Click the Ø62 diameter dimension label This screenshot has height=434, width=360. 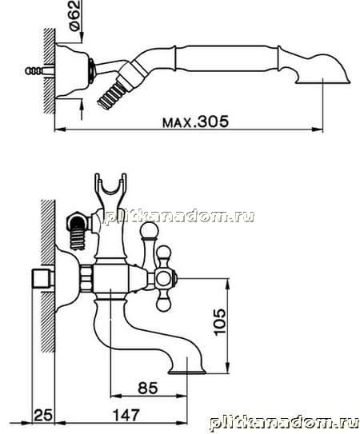click(75, 16)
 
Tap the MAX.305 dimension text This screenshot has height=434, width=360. click(196, 121)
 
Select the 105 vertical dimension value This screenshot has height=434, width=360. click(220, 322)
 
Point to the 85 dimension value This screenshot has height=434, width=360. click(148, 388)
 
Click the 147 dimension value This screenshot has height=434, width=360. click(126, 415)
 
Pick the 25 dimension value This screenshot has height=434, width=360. click(43, 416)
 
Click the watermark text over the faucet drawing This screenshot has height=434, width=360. click(179, 217)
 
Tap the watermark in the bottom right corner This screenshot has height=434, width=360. click(284, 423)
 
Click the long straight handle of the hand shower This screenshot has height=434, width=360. click(227, 58)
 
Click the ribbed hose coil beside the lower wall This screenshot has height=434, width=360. click(78, 241)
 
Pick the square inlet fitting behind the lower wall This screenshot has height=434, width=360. click(43, 278)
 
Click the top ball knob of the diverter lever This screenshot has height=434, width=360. click(149, 230)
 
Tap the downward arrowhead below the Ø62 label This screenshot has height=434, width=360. click(82, 38)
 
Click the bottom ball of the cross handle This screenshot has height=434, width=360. click(163, 305)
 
